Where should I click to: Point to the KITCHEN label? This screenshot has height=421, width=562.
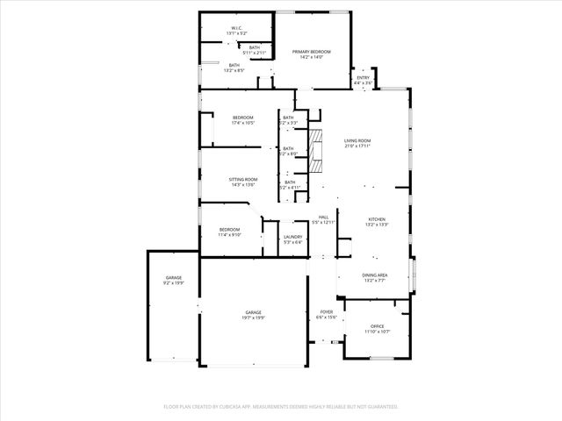click(x=377, y=219)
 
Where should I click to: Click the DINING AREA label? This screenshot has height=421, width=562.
click(x=375, y=275)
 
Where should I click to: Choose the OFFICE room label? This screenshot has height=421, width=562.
click(x=377, y=326)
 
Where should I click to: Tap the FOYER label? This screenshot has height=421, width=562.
click(x=326, y=311)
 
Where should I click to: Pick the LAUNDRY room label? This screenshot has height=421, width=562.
click(x=292, y=237)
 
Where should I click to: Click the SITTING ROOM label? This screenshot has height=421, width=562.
click(x=243, y=179)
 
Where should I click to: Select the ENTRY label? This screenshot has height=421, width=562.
click(x=363, y=78)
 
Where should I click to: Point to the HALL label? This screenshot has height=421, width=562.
click(x=323, y=217)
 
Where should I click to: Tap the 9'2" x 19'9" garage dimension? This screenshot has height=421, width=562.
click(x=173, y=283)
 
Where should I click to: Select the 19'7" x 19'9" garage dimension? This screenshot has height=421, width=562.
click(x=253, y=318)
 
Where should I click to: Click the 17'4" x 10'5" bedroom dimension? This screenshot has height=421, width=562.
click(x=242, y=123)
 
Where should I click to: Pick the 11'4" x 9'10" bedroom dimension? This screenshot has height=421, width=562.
click(x=229, y=235)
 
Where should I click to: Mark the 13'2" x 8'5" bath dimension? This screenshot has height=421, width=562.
click(x=234, y=70)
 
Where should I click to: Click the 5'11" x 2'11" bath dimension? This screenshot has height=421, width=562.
click(x=254, y=53)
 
